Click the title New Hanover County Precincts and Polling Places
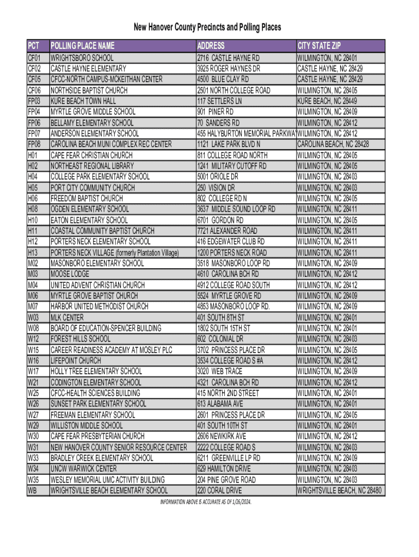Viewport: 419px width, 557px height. [x=207, y=27]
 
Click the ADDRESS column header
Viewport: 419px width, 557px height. [x=211, y=46]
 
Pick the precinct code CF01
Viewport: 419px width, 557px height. [x=34, y=58]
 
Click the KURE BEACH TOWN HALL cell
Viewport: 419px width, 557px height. [x=83, y=101]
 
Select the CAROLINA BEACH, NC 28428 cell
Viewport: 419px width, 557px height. [x=333, y=144]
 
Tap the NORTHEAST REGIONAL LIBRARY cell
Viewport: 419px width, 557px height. [x=92, y=166]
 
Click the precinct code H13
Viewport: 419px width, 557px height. [x=33, y=252]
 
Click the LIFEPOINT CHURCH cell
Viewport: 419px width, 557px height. [x=76, y=360]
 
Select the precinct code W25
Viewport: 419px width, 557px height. [x=34, y=393]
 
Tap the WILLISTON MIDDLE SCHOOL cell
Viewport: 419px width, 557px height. [x=87, y=425]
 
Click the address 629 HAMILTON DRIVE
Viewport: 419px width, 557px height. [x=224, y=468]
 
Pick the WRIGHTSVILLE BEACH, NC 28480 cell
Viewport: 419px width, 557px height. [x=340, y=490]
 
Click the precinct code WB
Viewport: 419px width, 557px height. [x=32, y=490]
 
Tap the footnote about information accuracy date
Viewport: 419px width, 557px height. [x=206, y=501]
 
